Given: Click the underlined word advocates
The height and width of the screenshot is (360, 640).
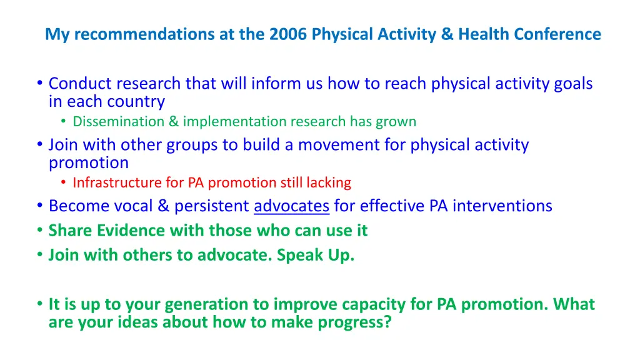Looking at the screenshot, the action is pos(291,206).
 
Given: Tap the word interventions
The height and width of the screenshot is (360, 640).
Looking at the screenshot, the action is pos(502,206).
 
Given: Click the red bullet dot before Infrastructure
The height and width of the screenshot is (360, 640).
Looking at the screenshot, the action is pos(63,182).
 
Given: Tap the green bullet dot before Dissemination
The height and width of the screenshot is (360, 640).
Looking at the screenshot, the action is pos(63,121).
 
